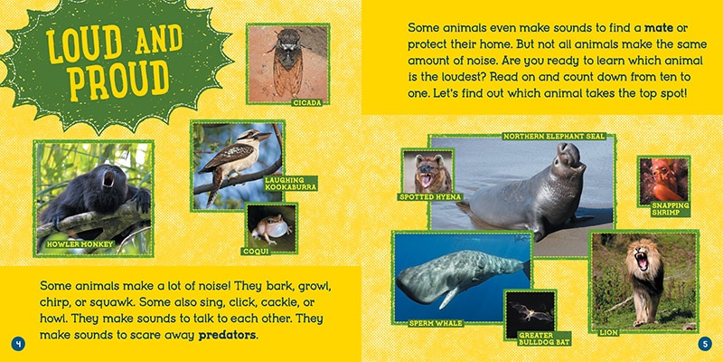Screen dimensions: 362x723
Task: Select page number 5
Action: point(706,343)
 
